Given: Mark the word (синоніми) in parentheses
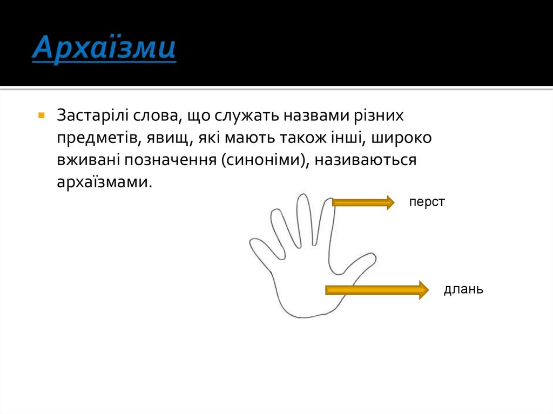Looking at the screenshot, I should tap(264, 160).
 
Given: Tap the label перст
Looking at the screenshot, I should tap(427, 202).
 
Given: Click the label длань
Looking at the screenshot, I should tap(463, 289).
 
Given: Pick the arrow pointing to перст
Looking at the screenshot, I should tap(363, 202).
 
